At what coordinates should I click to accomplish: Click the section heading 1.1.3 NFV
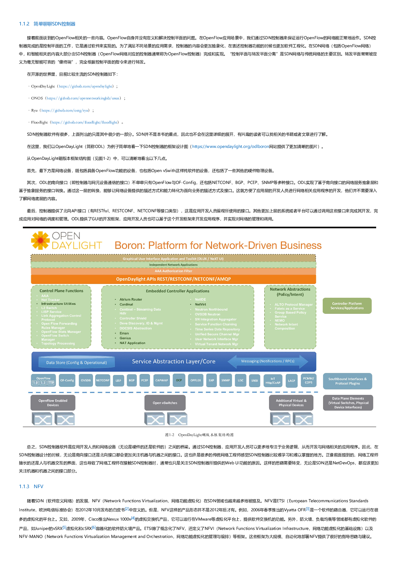(x=31, y=487)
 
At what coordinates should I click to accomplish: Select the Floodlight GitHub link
(x=84, y=122)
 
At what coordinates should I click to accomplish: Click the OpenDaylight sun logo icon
(x=40, y=240)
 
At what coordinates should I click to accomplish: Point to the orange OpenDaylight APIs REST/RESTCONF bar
(x=173, y=279)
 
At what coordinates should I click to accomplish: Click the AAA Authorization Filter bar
(x=173, y=271)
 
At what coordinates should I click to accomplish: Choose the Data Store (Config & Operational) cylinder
(x=77, y=362)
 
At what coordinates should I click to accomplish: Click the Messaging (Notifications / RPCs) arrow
(x=268, y=361)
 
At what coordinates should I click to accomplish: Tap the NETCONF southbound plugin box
(x=103, y=380)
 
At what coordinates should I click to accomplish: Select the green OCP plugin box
(x=179, y=380)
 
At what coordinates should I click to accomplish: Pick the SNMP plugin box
(x=226, y=380)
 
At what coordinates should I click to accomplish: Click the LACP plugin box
(x=292, y=381)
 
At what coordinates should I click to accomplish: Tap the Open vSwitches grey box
(x=165, y=403)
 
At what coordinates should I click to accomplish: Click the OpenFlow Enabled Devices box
(x=53, y=403)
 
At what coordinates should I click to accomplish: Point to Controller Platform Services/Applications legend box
(x=347, y=306)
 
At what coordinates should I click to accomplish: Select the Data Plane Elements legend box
(x=348, y=403)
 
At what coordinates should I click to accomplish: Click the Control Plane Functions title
(x=61, y=291)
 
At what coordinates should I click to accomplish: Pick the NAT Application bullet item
(x=132, y=343)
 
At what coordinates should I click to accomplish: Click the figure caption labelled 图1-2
(x=199, y=435)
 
